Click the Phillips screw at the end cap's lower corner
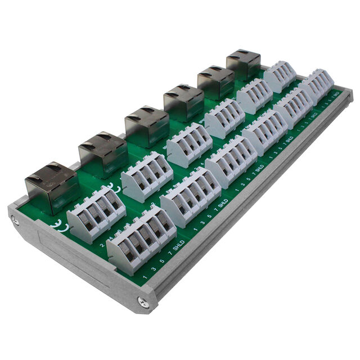click(x=144, y=302)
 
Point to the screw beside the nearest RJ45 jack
click(x=15, y=221)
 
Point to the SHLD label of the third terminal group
click(x=259, y=168)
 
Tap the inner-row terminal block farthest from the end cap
click(x=280, y=76)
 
